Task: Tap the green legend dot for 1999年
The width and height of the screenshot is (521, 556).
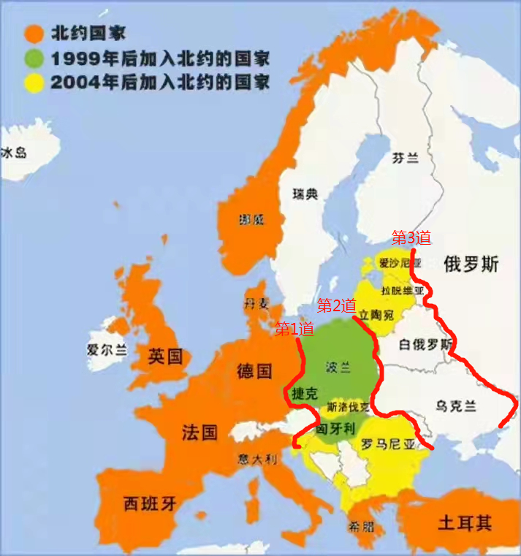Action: (33, 58)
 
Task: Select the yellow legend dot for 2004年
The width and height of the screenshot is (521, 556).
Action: (33, 82)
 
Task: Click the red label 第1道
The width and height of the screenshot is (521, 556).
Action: (294, 330)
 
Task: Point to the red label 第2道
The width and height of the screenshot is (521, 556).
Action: (336, 305)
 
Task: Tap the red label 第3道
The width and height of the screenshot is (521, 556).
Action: (411, 237)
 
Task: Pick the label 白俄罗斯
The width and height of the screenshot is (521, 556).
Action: (427, 344)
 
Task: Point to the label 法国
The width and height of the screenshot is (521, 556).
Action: (199, 432)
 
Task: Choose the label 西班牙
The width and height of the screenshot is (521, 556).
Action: (150, 503)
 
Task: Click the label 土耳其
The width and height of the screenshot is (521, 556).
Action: (465, 523)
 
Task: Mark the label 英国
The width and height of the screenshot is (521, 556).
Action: (164, 357)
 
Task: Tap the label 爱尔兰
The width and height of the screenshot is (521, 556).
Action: (106, 349)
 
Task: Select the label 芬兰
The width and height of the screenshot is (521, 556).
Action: (407, 158)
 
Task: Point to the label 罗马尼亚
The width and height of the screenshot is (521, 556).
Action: (388, 443)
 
